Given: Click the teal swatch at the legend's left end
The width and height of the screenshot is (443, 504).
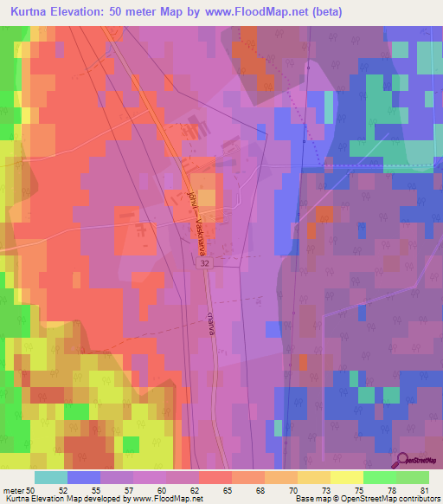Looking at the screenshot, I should pyautogui.click(x=50, y=477).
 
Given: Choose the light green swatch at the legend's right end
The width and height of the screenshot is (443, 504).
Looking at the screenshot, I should pyautogui.click(x=413, y=477).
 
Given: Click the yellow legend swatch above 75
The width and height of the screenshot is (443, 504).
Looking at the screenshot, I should pyautogui.click(x=347, y=477).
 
